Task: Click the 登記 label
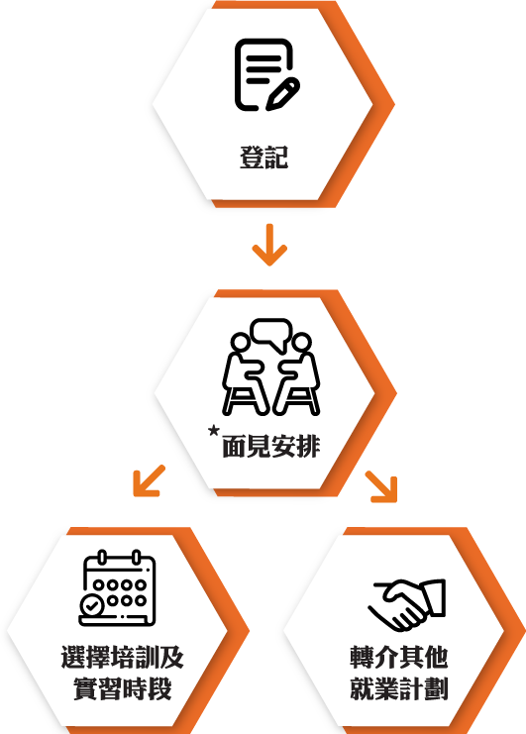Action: pyautogui.click(x=263, y=157)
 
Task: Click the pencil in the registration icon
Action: pyautogui.click(x=283, y=94)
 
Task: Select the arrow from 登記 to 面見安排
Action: pyautogui.click(x=269, y=245)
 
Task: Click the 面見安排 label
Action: pyautogui.click(x=271, y=446)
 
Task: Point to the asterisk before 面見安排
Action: pyautogui.click(x=213, y=430)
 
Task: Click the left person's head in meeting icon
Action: pyautogui.click(x=240, y=342)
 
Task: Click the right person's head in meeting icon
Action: pyautogui.click(x=302, y=342)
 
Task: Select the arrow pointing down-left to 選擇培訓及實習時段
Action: pyautogui.click(x=149, y=480)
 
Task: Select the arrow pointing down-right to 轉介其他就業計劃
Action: pyautogui.click(x=381, y=486)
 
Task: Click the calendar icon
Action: pyautogui.click(x=117, y=588)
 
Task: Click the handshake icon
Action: pyautogui.click(x=407, y=604)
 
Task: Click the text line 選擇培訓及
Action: pyautogui.click(x=123, y=657)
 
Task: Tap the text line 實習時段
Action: pyautogui.click(x=123, y=688)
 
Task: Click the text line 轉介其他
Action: pyautogui.click(x=399, y=657)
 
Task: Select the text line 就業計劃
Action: pyautogui.click(x=399, y=688)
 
